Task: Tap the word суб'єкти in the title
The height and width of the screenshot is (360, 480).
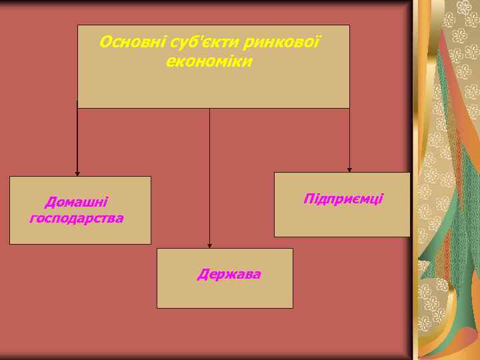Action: (185, 43)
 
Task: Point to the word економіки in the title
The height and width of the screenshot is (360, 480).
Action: (209, 61)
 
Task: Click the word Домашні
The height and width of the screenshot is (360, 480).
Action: (76, 201)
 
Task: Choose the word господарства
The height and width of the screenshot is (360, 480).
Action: (76, 217)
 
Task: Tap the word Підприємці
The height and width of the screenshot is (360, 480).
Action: (343, 199)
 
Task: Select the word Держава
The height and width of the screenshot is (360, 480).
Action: (229, 274)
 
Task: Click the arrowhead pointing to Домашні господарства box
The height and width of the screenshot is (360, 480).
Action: (77, 173)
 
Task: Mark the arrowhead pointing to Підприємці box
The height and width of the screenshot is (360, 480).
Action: (349, 169)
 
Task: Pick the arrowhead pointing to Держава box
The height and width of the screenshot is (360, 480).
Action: (210, 245)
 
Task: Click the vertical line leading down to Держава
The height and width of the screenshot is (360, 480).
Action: (210, 173)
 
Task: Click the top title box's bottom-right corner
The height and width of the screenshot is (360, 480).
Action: (349, 108)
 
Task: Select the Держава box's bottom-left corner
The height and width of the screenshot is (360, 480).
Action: (157, 308)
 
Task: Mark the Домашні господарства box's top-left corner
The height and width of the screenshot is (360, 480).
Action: (9, 177)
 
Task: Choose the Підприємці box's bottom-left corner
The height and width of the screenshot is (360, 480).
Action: (275, 237)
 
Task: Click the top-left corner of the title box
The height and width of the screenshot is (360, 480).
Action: (78, 25)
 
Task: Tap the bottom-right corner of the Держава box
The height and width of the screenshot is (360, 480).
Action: (293, 308)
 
